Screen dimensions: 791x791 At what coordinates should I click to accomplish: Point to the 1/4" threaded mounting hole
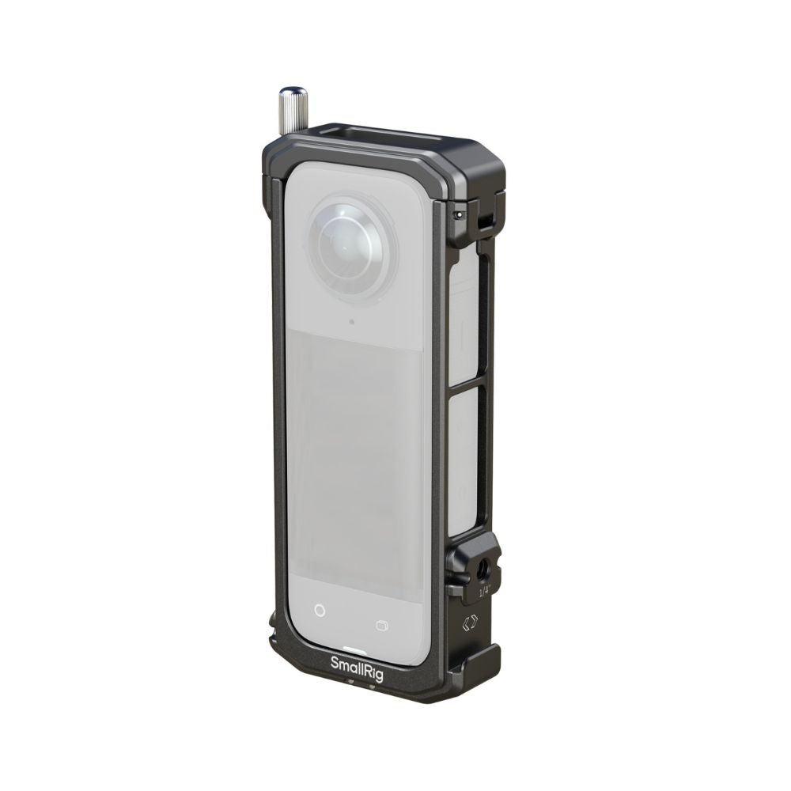pyautogui.click(x=480, y=570)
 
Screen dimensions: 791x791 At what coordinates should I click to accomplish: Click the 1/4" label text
pyautogui.click(x=484, y=590)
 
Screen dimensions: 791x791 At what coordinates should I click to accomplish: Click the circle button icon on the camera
pyautogui.click(x=320, y=611)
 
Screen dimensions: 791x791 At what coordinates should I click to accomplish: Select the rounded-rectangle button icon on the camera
pyautogui.click(x=382, y=626)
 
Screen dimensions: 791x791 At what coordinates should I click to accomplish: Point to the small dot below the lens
pyautogui.click(x=352, y=322)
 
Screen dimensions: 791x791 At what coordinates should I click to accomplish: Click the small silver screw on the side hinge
pyautogui.click(x=459, y=214)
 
